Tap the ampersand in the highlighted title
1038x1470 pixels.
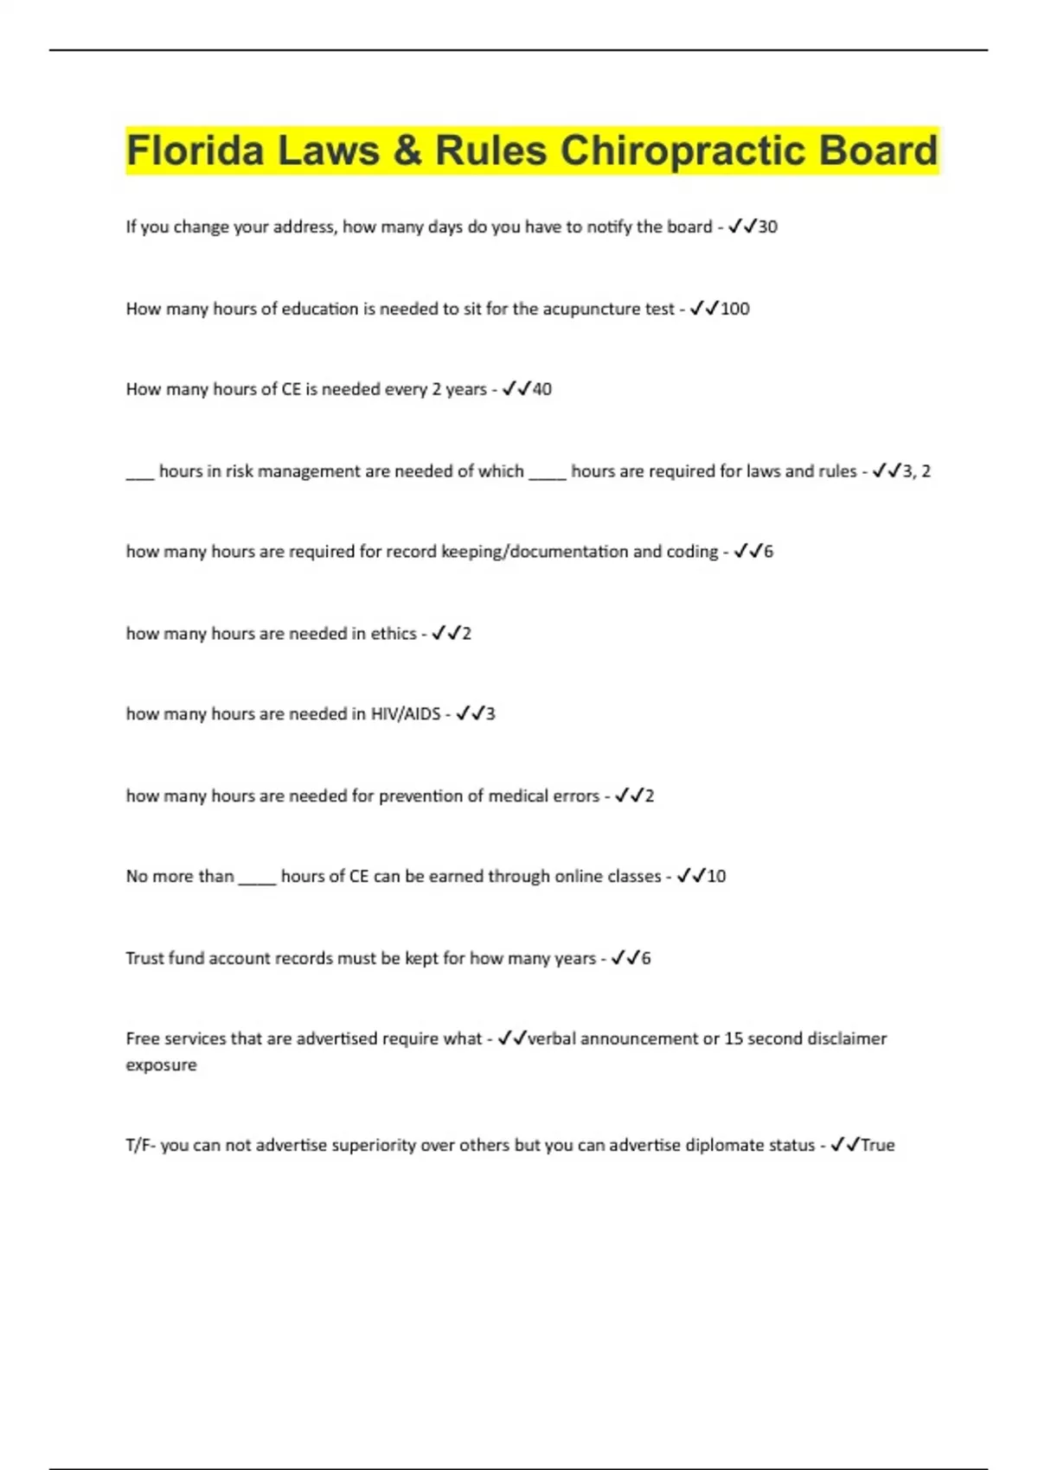407,150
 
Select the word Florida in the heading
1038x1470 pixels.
195,150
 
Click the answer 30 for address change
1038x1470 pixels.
767,227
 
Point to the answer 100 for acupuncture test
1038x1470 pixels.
734,309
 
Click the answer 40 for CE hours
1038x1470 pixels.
541,389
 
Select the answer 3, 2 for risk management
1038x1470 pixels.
916,471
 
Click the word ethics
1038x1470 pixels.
394,634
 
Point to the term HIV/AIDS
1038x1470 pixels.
406,714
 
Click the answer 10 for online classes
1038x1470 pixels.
716,876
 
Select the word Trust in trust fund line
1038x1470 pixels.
144,958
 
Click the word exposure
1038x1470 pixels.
161,1065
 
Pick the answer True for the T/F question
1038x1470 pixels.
877,1145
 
